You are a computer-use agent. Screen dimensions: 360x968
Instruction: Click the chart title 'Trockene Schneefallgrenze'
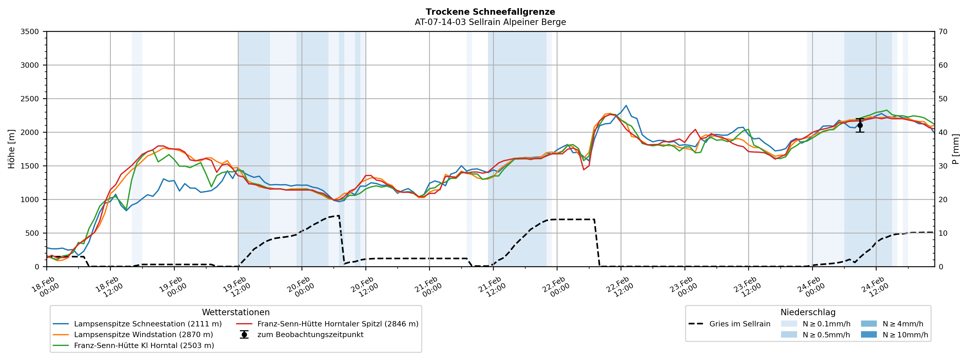[490, 12]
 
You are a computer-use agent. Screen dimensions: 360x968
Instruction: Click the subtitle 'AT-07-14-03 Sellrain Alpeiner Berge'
[490, 22]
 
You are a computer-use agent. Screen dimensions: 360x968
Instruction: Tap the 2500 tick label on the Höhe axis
[30, 99]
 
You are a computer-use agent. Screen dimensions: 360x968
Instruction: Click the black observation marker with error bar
[860, 126]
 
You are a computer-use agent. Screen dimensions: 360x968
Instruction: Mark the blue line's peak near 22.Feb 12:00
[626, 106]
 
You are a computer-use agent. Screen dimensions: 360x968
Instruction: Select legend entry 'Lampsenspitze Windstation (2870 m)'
[143, 335]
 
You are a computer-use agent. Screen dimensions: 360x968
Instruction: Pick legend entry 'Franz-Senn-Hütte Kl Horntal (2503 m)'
[144, 345]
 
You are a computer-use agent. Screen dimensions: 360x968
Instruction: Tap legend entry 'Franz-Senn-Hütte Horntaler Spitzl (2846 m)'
[337, 324]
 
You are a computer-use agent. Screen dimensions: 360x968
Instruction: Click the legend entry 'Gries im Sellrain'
[740, 324]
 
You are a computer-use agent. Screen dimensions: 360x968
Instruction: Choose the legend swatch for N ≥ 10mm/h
[868, 335]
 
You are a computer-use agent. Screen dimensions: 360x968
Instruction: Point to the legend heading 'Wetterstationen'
[236, 312]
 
